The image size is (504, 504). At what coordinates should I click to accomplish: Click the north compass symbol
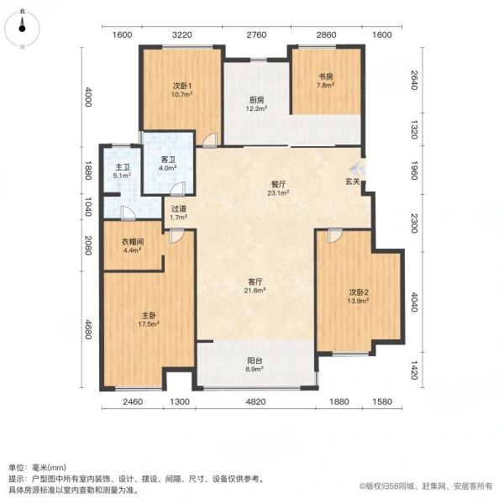point(22,28)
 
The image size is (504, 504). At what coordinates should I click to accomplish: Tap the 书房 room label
point(326,81)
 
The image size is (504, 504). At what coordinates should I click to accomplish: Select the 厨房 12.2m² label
point(256,104)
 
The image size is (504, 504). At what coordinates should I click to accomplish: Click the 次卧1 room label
point(182,90)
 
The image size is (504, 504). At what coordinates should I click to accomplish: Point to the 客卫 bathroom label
point(168,163)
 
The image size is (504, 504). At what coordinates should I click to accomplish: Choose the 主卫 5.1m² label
point(123,171)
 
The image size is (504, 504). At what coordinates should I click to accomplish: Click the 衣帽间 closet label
point(133,245)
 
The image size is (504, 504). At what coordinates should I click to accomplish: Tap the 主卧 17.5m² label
point(149,319)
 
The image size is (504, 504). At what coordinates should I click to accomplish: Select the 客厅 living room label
point(255,286)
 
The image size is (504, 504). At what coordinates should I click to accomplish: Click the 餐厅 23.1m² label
point(278,188)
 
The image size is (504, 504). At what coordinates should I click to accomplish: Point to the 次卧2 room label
point(358,297)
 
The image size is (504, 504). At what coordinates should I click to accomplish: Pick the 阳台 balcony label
point(255,365)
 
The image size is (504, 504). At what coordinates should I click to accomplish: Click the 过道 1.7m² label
point(179,213)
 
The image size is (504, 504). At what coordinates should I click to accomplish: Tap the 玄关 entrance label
point(352,181)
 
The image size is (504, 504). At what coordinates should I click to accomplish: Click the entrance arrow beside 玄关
point(358,167)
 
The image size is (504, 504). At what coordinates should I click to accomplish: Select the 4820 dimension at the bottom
point(255,402)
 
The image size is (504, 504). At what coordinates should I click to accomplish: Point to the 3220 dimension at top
point(182,34)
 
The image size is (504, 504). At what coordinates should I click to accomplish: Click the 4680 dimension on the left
point(87,329)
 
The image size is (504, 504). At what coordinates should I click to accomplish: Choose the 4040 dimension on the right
point(414,302)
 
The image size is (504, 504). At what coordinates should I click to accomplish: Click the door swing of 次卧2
point(335,235)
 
